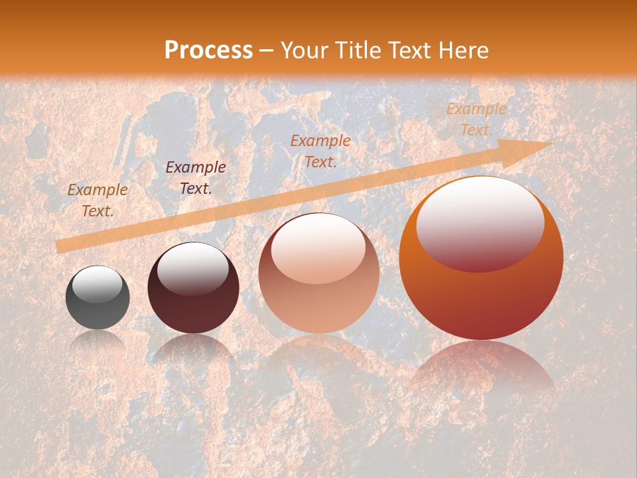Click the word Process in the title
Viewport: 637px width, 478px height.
pyautogui.click(x=208, y=50)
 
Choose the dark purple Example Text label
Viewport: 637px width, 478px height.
pyautogui.click(x=196, y=178)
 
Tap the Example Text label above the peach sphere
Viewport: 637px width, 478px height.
pyautogui.click(x=320, y=151)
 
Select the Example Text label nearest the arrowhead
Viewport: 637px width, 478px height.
pyautogui.click(x=476, y=119)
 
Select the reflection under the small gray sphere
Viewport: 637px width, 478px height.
pyautogui.click(x=98, y=340)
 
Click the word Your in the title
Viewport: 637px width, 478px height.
pyautogui.click(x=303, y=50)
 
